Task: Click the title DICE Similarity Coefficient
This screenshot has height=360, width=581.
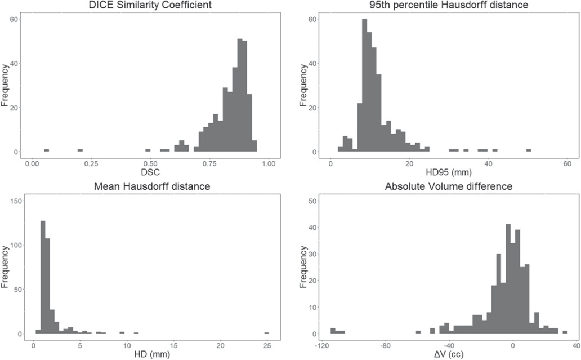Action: click(150, 6)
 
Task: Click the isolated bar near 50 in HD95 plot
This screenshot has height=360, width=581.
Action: click(529, 150)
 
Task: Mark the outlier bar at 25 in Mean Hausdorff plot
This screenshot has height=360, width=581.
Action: click(266, 332)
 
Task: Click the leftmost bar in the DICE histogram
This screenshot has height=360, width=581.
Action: click(46, 150)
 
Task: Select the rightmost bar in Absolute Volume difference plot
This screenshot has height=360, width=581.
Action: click(565, 332)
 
